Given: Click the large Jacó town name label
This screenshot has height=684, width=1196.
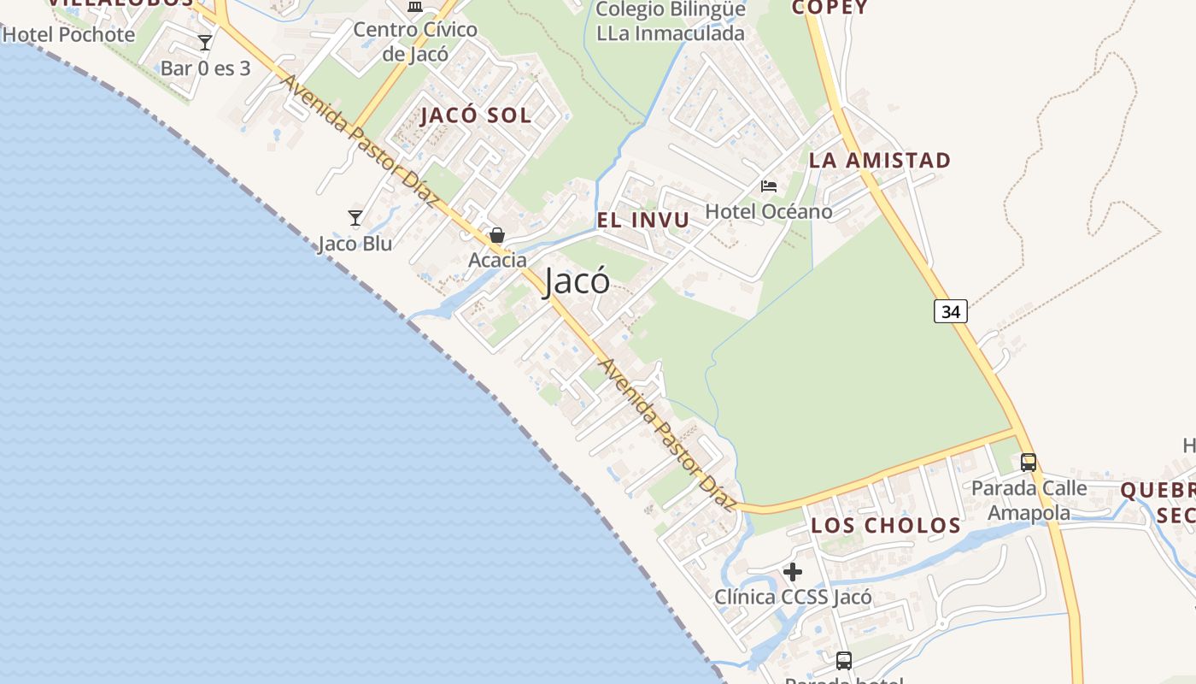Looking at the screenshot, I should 577,281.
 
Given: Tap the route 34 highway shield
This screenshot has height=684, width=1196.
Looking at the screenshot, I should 950,311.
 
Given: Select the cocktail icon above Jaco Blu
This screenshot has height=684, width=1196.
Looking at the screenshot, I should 355,218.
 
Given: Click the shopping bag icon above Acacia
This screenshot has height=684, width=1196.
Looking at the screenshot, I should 497,235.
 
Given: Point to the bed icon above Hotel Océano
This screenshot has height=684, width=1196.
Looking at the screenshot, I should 769,186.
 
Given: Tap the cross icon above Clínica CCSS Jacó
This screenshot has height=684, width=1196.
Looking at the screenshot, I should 793,571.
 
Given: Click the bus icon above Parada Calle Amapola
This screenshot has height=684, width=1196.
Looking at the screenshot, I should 1029,463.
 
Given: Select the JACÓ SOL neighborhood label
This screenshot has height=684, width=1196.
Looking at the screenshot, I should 476,115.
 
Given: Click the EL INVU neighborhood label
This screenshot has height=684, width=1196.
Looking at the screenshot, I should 642,220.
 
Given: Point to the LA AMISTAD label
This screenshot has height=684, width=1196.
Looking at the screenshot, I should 879,160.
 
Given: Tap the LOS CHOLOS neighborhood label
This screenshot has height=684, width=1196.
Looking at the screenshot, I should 886,525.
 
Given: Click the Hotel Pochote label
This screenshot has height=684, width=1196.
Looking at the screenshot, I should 69,35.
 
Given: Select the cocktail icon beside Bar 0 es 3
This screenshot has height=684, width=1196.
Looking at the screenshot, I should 204,43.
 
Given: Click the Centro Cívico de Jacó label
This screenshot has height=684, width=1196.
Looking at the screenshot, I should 415,41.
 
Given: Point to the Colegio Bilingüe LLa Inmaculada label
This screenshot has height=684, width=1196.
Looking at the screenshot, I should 671,21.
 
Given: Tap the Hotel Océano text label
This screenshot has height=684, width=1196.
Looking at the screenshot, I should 769,211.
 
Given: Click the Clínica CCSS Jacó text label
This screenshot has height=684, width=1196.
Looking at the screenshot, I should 793,597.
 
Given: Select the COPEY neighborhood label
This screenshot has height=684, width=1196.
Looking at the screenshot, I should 829,8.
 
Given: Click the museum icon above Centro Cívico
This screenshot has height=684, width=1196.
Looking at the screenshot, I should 415,7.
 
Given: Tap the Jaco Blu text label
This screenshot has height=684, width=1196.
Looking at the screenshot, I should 355,244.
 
